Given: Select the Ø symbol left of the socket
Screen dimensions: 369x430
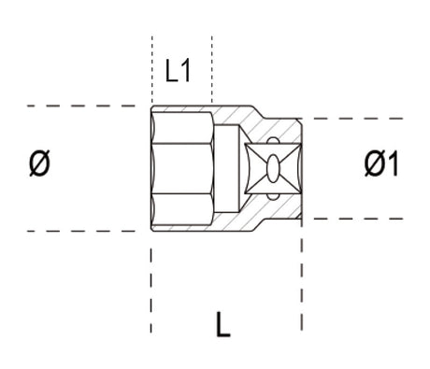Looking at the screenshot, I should tap(38, 164).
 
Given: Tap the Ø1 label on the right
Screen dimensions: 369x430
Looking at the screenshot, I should tap(381, 164).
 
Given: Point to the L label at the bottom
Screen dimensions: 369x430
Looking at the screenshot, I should tap(222, 324).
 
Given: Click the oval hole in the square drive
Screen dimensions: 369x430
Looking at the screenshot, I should tap(272, 168).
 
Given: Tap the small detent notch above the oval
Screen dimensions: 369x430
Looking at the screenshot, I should tap(272, 143).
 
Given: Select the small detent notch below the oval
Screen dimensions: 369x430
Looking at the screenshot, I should tap(272, 194).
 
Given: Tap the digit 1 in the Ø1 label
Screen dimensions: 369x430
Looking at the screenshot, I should tap(393, 164).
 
